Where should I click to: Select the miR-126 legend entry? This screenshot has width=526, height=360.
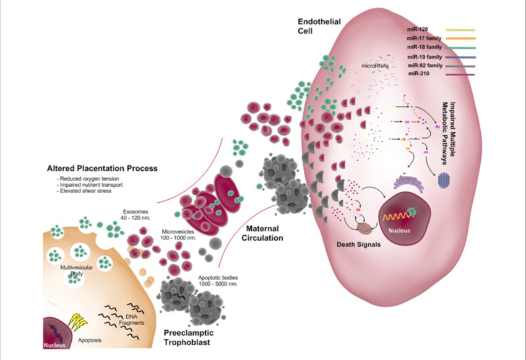[419, 29]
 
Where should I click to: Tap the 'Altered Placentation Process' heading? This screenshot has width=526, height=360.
[102, 168]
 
